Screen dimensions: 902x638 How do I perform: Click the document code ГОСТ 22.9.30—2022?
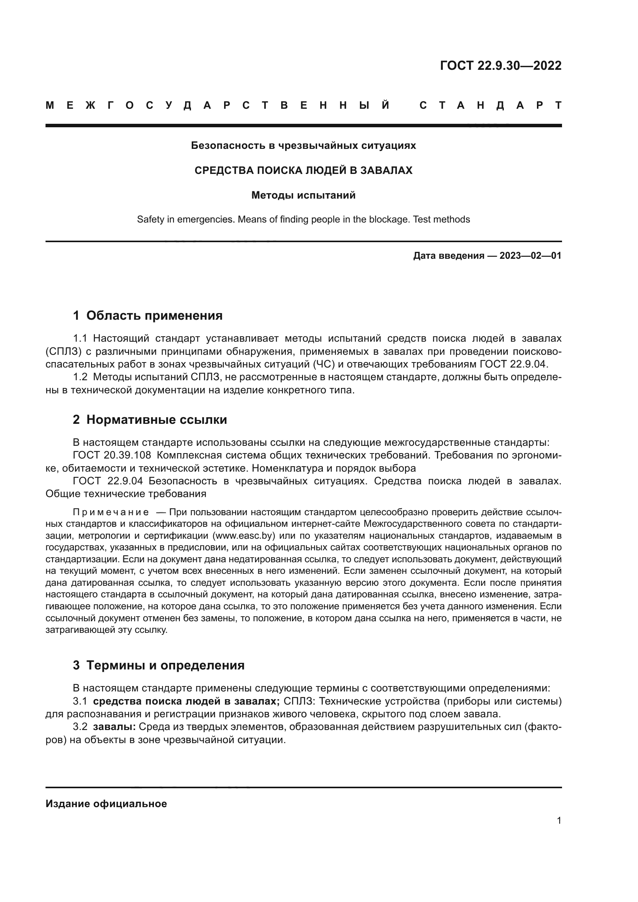pyautogui.click(x=501, y=66)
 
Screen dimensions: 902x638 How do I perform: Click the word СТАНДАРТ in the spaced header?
pyautogui.click(x=490, y=106)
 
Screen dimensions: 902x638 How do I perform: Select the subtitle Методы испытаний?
pyautogui.click(x=303, y=195)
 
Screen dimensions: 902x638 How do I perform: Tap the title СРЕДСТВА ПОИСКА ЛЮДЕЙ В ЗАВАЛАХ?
pyautogui.click(x=303, y=170)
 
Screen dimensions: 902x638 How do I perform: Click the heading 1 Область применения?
pyautogui.click(x=148, y=315)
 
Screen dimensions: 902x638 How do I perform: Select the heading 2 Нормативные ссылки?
pyautogui.click(x=150, y=420)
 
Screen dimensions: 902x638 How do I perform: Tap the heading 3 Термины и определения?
pyautogui.click(x=159, y=665)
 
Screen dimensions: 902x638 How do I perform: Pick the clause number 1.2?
pyautogui.click(x=80, y=378)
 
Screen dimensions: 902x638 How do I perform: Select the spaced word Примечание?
pyautogui.click(x=111, y=512)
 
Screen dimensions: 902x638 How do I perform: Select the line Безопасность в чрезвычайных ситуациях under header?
pyautogui.click(x=303, y=146)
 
